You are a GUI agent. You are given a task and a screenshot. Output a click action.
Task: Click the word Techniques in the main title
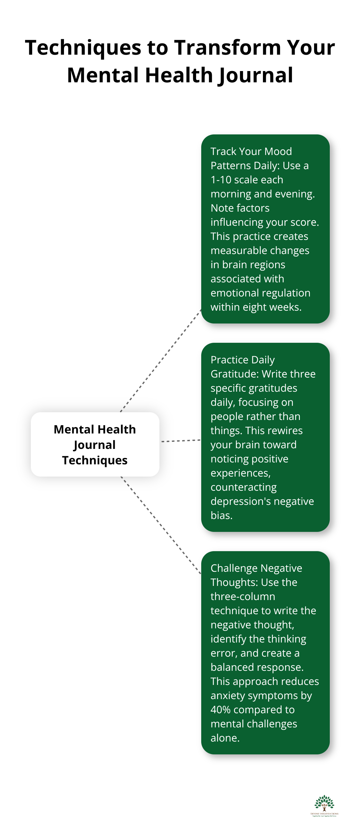coord(83,48)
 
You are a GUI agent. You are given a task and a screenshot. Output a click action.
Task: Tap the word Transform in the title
coord(227,48)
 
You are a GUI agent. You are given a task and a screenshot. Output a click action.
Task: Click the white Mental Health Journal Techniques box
coord(95,444)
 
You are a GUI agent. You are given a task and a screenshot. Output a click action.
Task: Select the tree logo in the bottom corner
coord(324,805)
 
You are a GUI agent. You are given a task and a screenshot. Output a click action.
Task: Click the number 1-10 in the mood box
coord(221,179)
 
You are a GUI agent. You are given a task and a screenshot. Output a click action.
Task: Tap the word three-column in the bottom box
coord(243,596)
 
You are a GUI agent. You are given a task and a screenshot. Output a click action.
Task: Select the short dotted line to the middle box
coord(181,441)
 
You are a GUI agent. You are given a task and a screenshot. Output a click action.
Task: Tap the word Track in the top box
coord(223,151)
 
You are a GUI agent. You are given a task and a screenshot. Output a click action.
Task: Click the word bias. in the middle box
coord(221,515)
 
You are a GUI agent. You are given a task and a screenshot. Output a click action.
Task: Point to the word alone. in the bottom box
coord(225,738)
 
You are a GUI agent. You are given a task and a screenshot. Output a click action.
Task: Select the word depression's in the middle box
coord(241,501)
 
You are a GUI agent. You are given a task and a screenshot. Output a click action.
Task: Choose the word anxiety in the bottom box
coord(227,696)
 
